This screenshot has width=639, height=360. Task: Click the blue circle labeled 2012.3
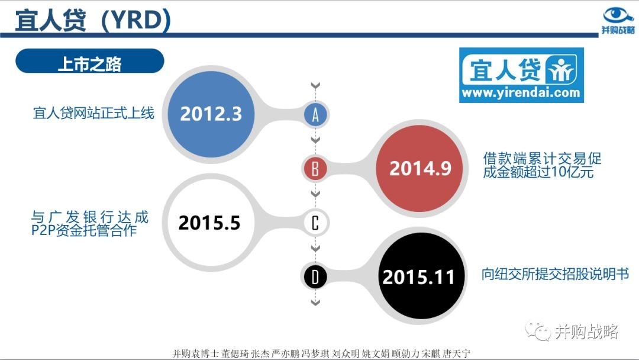(211, 114)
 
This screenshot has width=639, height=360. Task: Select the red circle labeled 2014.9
(419, 168)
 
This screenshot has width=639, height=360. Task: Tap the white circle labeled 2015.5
(210, 222)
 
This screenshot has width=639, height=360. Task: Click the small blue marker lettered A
(315, 114)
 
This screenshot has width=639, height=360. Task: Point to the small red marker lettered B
(315, 168)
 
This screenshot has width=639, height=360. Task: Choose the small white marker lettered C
(315, 223)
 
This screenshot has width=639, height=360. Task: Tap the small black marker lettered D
(315, 277)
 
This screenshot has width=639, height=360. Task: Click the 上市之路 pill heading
(90, 61)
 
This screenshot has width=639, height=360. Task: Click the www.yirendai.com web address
(521, 93)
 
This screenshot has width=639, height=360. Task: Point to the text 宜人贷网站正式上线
(93, 113)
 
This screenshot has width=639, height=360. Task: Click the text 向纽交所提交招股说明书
(555, 274)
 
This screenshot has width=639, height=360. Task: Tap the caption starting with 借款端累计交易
(542, 165)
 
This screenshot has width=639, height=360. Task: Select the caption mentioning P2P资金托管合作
(90, 224)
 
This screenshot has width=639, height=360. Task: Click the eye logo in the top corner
(618, 15)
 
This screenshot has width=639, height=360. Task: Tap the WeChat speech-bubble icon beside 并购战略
(537, 330)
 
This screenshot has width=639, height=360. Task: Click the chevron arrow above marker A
(315, 86)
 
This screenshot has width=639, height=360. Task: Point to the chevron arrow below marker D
(315, 303)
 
